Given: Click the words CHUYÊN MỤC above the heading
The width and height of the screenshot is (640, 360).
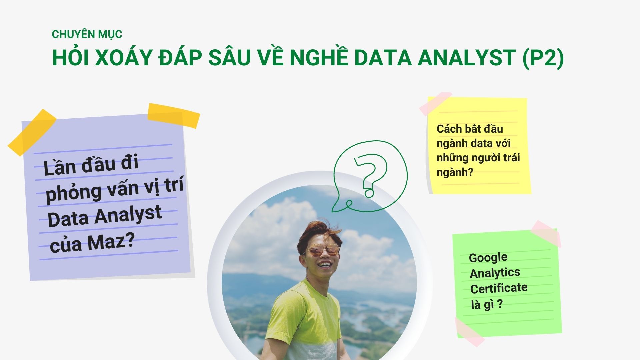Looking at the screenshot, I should coord(87,34).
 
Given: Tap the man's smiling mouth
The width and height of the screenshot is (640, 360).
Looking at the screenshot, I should coord(324,265).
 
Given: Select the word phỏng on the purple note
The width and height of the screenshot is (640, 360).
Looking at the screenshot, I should coord(73,193).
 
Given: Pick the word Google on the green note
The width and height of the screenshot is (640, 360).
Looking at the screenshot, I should coord(488,258).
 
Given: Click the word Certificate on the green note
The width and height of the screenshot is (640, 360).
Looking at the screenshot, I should coord(499,288).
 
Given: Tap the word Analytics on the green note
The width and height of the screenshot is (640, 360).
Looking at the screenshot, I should coord(495,273).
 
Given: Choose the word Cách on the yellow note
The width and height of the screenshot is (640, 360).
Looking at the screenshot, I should coord(449,129).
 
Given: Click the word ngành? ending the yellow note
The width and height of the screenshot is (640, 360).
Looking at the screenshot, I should coord(455,172).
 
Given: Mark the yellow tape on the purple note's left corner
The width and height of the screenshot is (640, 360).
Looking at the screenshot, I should coord(32,132).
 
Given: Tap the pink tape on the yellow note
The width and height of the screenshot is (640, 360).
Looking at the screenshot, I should coord(435,103).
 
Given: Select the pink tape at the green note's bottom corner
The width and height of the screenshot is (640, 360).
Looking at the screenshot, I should coord(469,332).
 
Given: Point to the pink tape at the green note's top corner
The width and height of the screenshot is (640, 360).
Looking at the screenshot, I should coord(546,233).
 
